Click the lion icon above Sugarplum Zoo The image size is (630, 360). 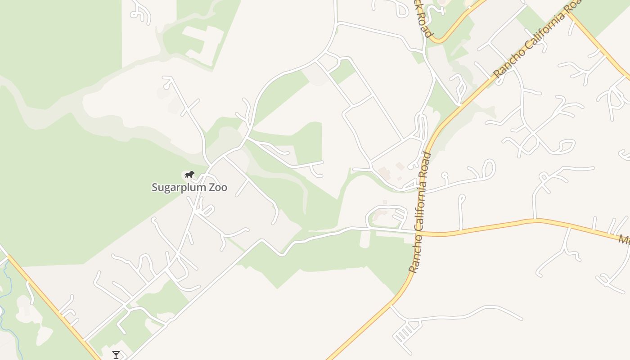(x=189, y=174)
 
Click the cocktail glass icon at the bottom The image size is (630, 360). (x=116, y=355)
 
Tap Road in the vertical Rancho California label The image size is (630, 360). (x=426, y=165)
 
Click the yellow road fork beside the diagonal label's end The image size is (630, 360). (x=569, y=13)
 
